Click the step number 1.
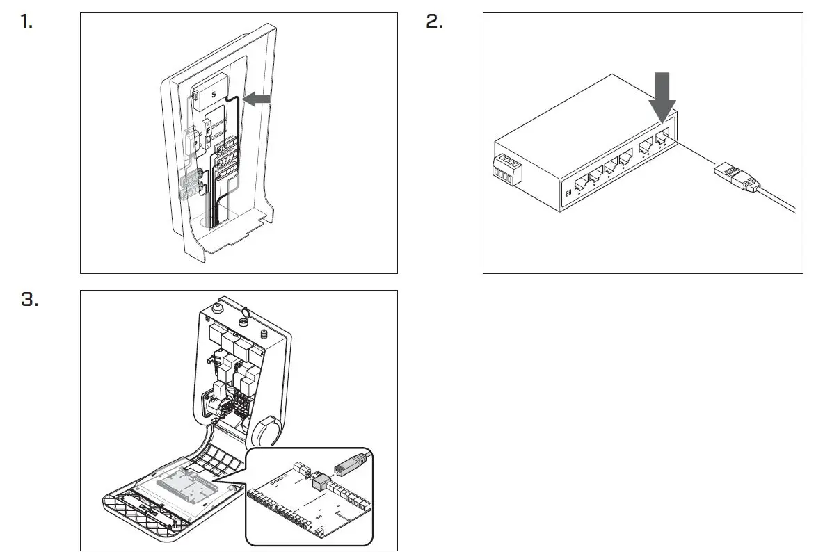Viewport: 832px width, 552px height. pyautogui.click(x=26, y=22)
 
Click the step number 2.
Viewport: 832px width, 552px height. pyautogui.click(x=434, y=22)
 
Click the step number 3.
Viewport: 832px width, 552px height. pyautogui.click(x=29, y=300)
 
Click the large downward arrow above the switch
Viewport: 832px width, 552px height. pyautogui.click(x=662, y=98)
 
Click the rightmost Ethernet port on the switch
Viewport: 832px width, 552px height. pyautogui.click(x=661, y=136)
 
